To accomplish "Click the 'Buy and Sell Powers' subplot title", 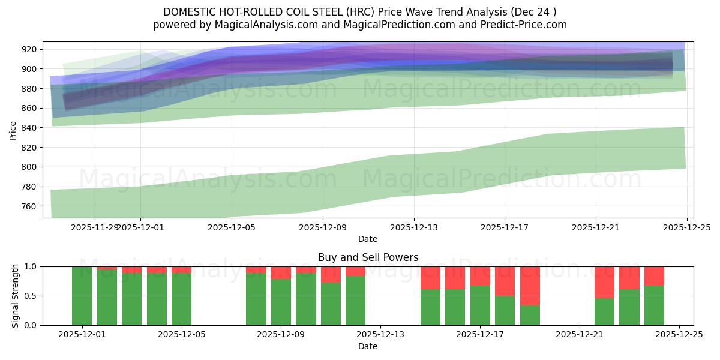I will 368,257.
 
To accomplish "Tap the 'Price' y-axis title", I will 13,130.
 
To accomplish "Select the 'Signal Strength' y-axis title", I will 16,296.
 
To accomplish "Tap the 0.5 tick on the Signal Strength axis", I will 31,296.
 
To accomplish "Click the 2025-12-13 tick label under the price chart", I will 413,227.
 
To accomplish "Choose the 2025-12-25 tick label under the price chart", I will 686,227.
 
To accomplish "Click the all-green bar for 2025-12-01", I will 82,296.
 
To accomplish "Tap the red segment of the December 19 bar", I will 530,286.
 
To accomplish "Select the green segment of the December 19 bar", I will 530,316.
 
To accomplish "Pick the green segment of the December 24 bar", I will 654,305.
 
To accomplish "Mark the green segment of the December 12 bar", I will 355,301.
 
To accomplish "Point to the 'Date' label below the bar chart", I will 368,346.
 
